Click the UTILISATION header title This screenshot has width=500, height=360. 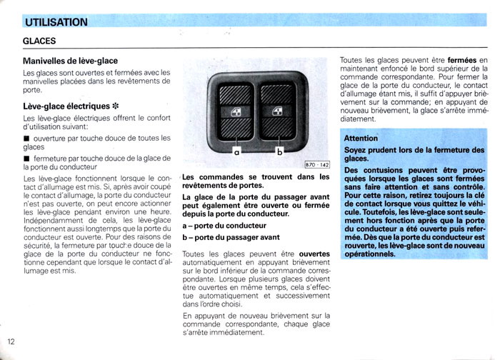(56, 22)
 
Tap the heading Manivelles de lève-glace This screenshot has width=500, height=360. (70, 61)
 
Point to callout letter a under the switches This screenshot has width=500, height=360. (236, 152)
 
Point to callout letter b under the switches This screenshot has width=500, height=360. (280, 152)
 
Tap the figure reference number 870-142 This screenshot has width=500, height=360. (316, 166)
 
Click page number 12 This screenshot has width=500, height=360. (10, 340)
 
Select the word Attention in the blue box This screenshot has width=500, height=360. (361, 138)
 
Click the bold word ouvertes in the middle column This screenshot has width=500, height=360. (314, 254)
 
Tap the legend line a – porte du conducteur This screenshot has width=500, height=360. (219, 226)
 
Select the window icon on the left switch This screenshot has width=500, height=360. (236, 111)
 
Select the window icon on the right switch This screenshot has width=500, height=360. (279, 111)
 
